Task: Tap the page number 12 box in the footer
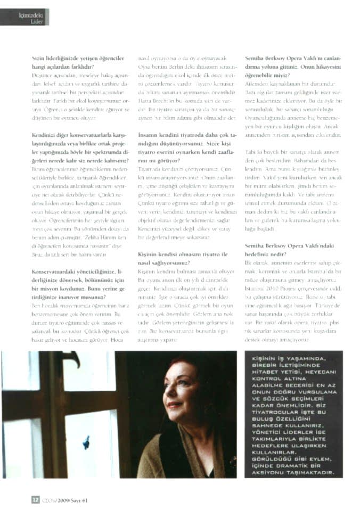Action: [35, 499]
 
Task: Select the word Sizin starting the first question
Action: [39, 56]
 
